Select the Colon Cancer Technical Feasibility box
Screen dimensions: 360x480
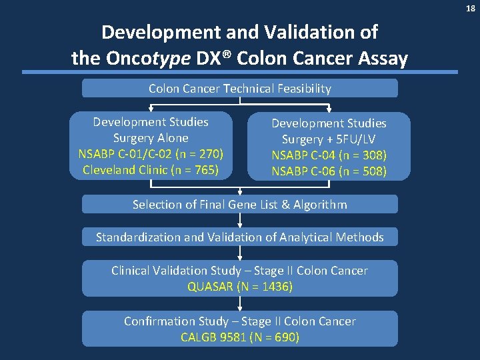pos(239,88)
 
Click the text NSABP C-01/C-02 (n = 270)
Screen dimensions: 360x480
pos(151,154)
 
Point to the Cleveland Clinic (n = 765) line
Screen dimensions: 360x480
pos(151,170)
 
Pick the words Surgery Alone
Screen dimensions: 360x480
pos(151,138)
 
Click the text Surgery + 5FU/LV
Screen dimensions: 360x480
pos(329,139)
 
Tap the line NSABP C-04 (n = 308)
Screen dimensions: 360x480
pos(329,155)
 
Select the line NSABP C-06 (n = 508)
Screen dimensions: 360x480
pos(329,171)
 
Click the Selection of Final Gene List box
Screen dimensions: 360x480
pos(239,204)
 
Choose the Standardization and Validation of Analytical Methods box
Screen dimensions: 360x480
pos(239,237)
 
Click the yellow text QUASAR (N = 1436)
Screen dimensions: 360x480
pos(239,287)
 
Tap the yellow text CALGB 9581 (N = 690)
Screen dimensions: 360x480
pos(239,337)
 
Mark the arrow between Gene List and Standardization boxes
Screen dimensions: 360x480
pos(240,220)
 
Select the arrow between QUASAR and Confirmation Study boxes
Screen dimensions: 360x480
pos(240,303)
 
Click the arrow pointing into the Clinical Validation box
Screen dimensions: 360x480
pos(240,253)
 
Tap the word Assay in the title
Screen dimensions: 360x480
pos(383,59)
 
